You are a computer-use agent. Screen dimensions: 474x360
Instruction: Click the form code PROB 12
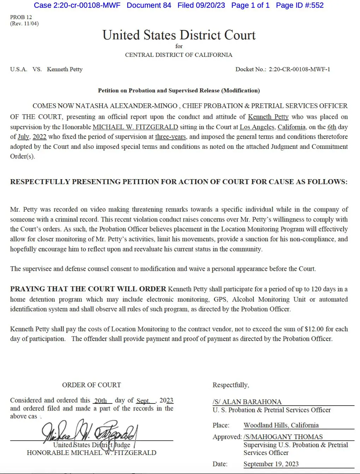coord(21,17)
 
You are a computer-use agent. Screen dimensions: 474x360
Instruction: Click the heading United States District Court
coord(179,35)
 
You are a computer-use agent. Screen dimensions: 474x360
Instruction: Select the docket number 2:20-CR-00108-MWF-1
coord(299,69)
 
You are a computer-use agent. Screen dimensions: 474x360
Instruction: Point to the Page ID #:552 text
coord(300,5)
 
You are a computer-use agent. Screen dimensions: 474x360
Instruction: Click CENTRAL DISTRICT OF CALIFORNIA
coord(179,55)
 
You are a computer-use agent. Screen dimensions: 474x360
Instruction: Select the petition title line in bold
coord(179,90)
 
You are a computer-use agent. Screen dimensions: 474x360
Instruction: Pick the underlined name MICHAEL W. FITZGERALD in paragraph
coord(135,127)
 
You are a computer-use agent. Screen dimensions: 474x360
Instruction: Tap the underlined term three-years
coord(170,137)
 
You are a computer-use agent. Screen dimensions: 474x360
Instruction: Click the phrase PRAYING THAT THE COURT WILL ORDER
coord(88,289)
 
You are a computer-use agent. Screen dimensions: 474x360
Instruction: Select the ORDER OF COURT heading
coord(91,385)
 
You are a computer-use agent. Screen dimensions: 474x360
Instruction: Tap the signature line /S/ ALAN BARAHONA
coord(247,402)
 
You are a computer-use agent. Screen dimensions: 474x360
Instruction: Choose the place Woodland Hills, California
coord(281,425)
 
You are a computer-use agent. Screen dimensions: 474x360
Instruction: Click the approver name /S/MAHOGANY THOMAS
coord(283,437)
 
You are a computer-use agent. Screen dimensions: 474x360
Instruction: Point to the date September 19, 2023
coord(271,464)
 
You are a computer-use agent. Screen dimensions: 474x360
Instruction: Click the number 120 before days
coord(316,289)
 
